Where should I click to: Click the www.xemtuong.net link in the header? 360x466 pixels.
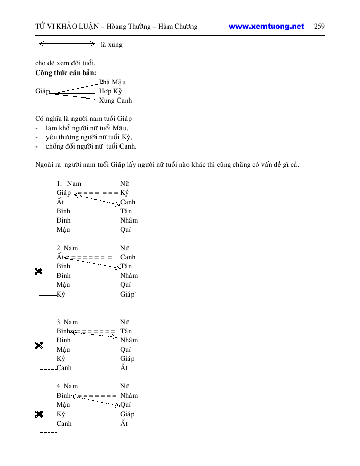pos(266,27)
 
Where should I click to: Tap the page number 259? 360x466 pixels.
pos(320,27)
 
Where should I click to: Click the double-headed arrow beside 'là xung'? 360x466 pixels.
pos(71,44)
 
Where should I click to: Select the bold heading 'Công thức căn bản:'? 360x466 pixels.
pos(66,72)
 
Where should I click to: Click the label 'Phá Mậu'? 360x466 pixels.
pos(112,82)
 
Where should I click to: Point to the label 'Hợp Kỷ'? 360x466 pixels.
pos(110,91)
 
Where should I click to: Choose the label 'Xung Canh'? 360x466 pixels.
pos(115,101)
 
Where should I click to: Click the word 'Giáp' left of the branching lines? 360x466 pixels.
pos(42,91)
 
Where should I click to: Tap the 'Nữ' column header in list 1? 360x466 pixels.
pos(125,184)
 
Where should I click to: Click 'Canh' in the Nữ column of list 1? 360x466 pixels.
pos(128,202)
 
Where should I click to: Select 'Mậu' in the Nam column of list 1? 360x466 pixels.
pos(63,230)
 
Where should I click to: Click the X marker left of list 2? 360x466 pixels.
pos(38,271)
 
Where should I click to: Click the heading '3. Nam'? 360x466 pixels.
pos(67,322)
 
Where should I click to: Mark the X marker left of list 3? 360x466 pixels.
pos(38,346)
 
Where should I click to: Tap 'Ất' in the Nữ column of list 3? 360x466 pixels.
pos(124,368)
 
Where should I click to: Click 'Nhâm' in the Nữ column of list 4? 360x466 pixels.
pos(129,396)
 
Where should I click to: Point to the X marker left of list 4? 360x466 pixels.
pos(38,414)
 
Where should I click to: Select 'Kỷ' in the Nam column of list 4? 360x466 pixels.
pos(61,414)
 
